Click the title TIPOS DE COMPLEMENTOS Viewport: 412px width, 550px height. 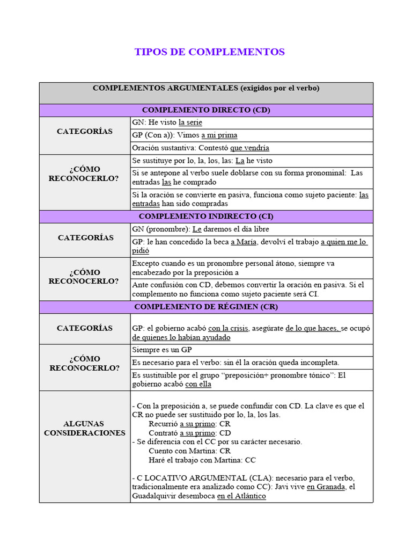[x=209, y=52]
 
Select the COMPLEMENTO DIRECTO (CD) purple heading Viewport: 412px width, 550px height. [x=206, y=110]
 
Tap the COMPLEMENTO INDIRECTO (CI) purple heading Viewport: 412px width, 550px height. [x=206, y=216]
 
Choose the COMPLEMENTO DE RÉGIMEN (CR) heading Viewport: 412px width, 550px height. [x=206, y=307]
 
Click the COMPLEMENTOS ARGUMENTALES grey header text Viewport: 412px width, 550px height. [x=206, y=88]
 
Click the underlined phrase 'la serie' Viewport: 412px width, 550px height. [x=190, y=122]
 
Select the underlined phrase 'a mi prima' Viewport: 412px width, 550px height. [x=219, y=135]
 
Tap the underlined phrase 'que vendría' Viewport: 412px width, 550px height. [x=249, y=148]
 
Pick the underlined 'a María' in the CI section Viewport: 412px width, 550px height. [x=244, y=242]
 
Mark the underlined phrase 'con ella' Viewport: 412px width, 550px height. [x=198, y=384]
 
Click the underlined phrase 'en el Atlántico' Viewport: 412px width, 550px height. [x=241, y=496]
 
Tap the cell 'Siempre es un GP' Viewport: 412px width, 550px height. [x=163, y=350]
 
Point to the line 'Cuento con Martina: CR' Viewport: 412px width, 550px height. [x=189, y=451]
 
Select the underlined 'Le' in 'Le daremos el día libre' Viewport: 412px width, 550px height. [x=196, y=229]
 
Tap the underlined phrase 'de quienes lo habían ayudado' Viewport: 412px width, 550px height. [x=181, y=337]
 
